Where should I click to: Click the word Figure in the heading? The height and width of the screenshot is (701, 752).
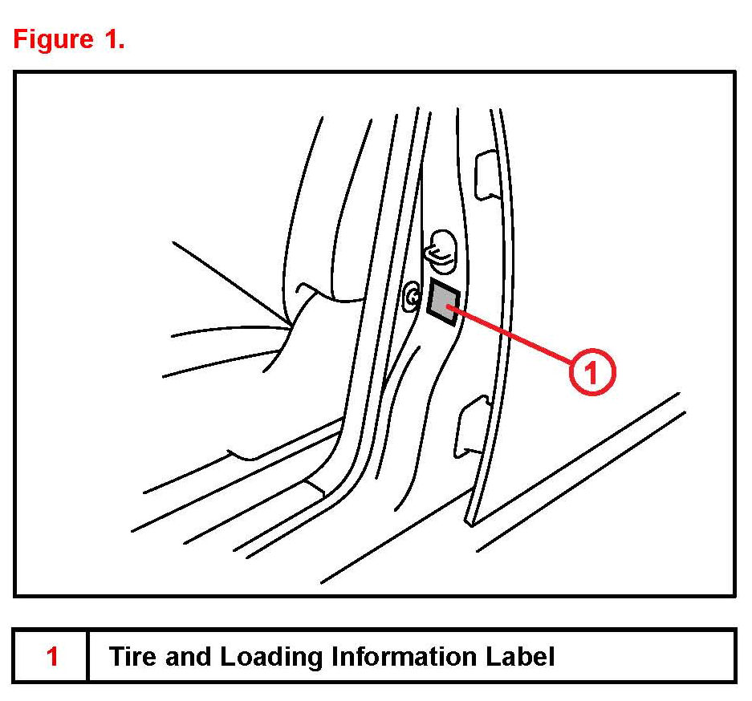click(x=53, y=39)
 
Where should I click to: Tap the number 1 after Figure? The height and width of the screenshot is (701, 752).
click(x=113, y=39)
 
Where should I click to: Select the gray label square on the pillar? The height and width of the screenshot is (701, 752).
click(x=443, y=302)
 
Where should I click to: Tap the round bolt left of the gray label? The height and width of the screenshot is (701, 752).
click(x=413, y=298)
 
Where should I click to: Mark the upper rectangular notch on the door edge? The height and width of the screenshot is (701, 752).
click(x=486, y=175)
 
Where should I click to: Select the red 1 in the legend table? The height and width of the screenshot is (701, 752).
click(x=52, y=657)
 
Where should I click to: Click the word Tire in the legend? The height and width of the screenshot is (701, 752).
click(x=132, y=657)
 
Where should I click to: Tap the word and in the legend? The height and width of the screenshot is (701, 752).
click(x=188, y=657)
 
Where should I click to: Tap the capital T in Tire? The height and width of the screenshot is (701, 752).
click(x=116, y=657)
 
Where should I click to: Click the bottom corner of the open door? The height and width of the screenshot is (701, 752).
click(x=470, y=523)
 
